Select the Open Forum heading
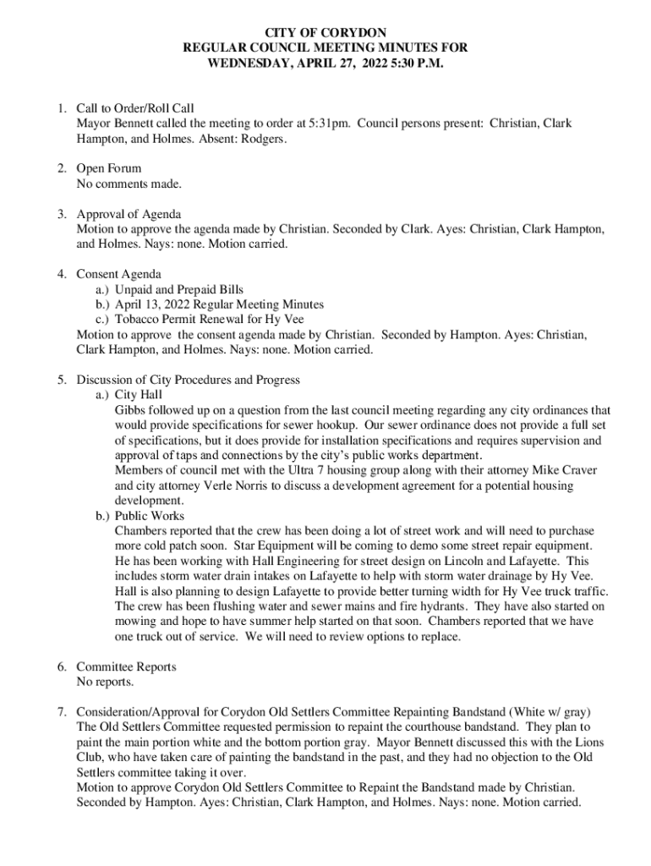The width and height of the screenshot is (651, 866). click(109, 168)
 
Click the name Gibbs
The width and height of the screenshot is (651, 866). click(131, 409)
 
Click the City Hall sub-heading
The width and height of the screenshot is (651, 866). click(139, 395)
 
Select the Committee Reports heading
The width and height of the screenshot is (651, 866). click(126, 667)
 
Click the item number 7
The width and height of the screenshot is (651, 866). click(63, 712)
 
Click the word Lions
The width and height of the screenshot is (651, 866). click(590, 743)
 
